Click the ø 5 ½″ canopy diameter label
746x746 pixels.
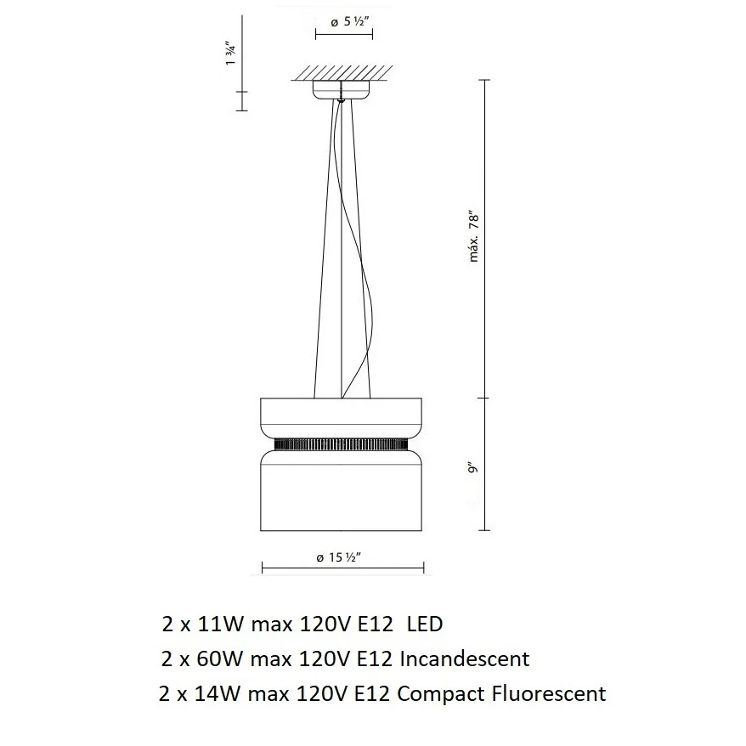point(350,22)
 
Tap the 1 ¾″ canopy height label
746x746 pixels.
point(231,54)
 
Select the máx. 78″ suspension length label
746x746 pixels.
point(474,236)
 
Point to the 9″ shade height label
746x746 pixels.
point(472,467)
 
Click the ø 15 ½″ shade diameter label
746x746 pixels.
point(339,557)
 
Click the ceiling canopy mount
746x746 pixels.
point(341,90)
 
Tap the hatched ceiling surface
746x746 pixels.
point(342,73)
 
